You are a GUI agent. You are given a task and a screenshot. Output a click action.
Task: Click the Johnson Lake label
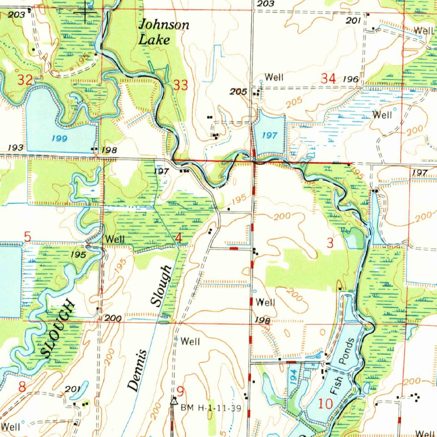click(x=164, y=32)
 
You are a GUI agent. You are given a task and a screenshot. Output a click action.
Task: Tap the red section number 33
click(x=181, y=85)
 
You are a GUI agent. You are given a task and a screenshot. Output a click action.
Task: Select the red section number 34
click(x=328, y=78)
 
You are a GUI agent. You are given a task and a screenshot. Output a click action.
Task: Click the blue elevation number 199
click(x=59, y=139)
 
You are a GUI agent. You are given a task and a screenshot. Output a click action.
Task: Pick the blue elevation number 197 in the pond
click(x=269, y=135)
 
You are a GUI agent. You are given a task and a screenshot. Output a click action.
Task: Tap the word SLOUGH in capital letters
click(x=59, y=329)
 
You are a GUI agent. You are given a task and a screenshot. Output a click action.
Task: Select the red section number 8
click(x=22, y=387)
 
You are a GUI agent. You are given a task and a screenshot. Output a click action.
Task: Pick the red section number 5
click(x=27, y=236)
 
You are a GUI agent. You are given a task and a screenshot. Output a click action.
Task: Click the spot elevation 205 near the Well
click(x=238, y=92)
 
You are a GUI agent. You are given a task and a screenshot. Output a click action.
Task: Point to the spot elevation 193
click(x=15, y=148)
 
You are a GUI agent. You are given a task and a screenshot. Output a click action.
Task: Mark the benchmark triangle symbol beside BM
click(x=174, y=401)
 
